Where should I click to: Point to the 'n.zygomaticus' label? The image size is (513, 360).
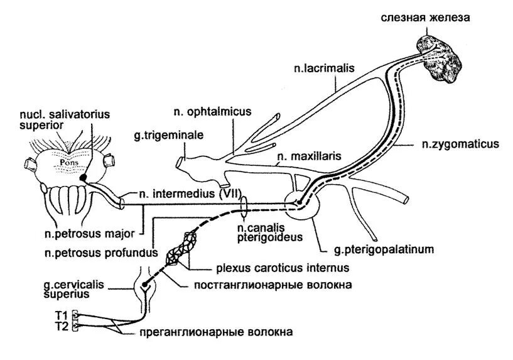[x=460, y=144]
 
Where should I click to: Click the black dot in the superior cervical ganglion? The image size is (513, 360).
[x=144, y=286]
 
